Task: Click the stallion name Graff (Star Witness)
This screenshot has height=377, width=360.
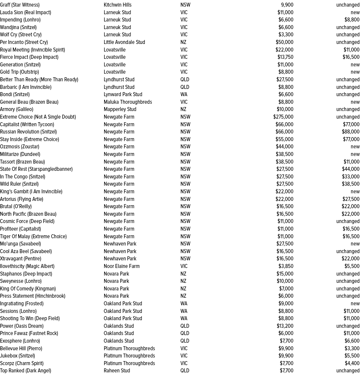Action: tap(20, 5)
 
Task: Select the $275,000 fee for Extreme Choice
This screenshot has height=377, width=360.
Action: tap(283, 117)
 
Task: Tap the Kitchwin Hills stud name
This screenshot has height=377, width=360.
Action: tap(117, 5)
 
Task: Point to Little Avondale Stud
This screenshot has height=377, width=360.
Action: tap(124, 42)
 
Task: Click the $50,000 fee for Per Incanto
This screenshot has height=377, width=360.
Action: tap(284, 42)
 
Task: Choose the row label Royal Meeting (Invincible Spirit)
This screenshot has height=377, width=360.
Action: tap(32, 50)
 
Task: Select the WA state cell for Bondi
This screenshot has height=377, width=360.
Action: tap(184, 94)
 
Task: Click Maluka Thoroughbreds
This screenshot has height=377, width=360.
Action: tap(128, 102)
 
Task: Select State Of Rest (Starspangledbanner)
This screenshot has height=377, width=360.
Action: tap(36, 169)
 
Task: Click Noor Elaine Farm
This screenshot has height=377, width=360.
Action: tap(122, 266)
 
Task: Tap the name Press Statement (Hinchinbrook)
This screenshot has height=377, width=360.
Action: tap(33, 296)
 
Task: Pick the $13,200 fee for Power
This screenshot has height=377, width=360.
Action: tap(285, 326)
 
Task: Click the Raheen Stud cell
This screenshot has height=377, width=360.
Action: tap(117, 371)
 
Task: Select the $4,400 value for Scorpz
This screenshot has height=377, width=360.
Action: tap(352, 363)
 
